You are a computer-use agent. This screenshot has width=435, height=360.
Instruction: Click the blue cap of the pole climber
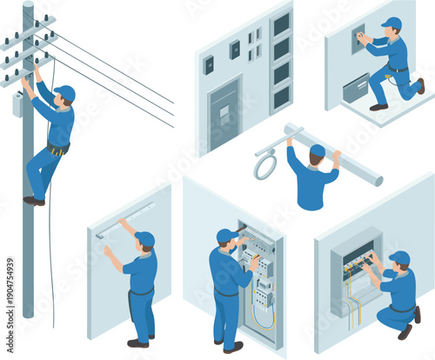pos(65,90)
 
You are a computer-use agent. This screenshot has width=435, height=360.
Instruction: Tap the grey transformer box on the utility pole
pos(17,103)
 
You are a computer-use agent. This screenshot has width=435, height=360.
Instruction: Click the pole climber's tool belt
pos(57,150)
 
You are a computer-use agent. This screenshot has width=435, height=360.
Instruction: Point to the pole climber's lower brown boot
pos(34,201)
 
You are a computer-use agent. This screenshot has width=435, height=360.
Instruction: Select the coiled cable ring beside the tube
pos(264,165)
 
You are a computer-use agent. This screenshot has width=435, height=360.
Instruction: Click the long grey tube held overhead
pos(339,157)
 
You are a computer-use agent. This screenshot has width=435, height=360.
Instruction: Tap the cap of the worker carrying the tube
pos(318,150)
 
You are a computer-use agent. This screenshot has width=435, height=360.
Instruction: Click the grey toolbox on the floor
pos(357,88)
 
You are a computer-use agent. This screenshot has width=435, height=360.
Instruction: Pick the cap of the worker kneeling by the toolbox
pos(392,23)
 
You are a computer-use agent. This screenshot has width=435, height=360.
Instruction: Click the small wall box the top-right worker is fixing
pos(357,38)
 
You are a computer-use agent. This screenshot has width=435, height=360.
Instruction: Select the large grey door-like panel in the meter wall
pos(224,113)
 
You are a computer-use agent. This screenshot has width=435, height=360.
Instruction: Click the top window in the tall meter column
pos(281,24)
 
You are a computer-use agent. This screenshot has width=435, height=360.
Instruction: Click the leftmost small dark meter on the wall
pos(209,64)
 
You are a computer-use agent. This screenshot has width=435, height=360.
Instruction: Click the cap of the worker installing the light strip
pos(145,237)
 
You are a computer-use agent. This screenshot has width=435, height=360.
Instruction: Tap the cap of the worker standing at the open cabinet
pos(225,235)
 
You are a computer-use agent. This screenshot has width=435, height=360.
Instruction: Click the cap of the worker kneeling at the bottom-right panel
pos(399,257)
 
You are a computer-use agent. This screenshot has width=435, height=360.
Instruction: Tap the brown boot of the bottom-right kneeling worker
pos(405,331)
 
